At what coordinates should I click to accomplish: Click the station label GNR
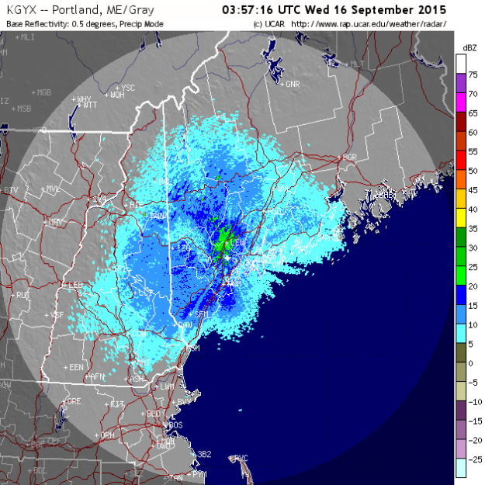(293, 83)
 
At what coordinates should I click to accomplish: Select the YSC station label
(128, 88)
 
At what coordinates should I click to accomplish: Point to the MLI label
(27, 36)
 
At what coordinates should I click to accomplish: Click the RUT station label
(23, 295)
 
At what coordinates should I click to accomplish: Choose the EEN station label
(76, 366)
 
